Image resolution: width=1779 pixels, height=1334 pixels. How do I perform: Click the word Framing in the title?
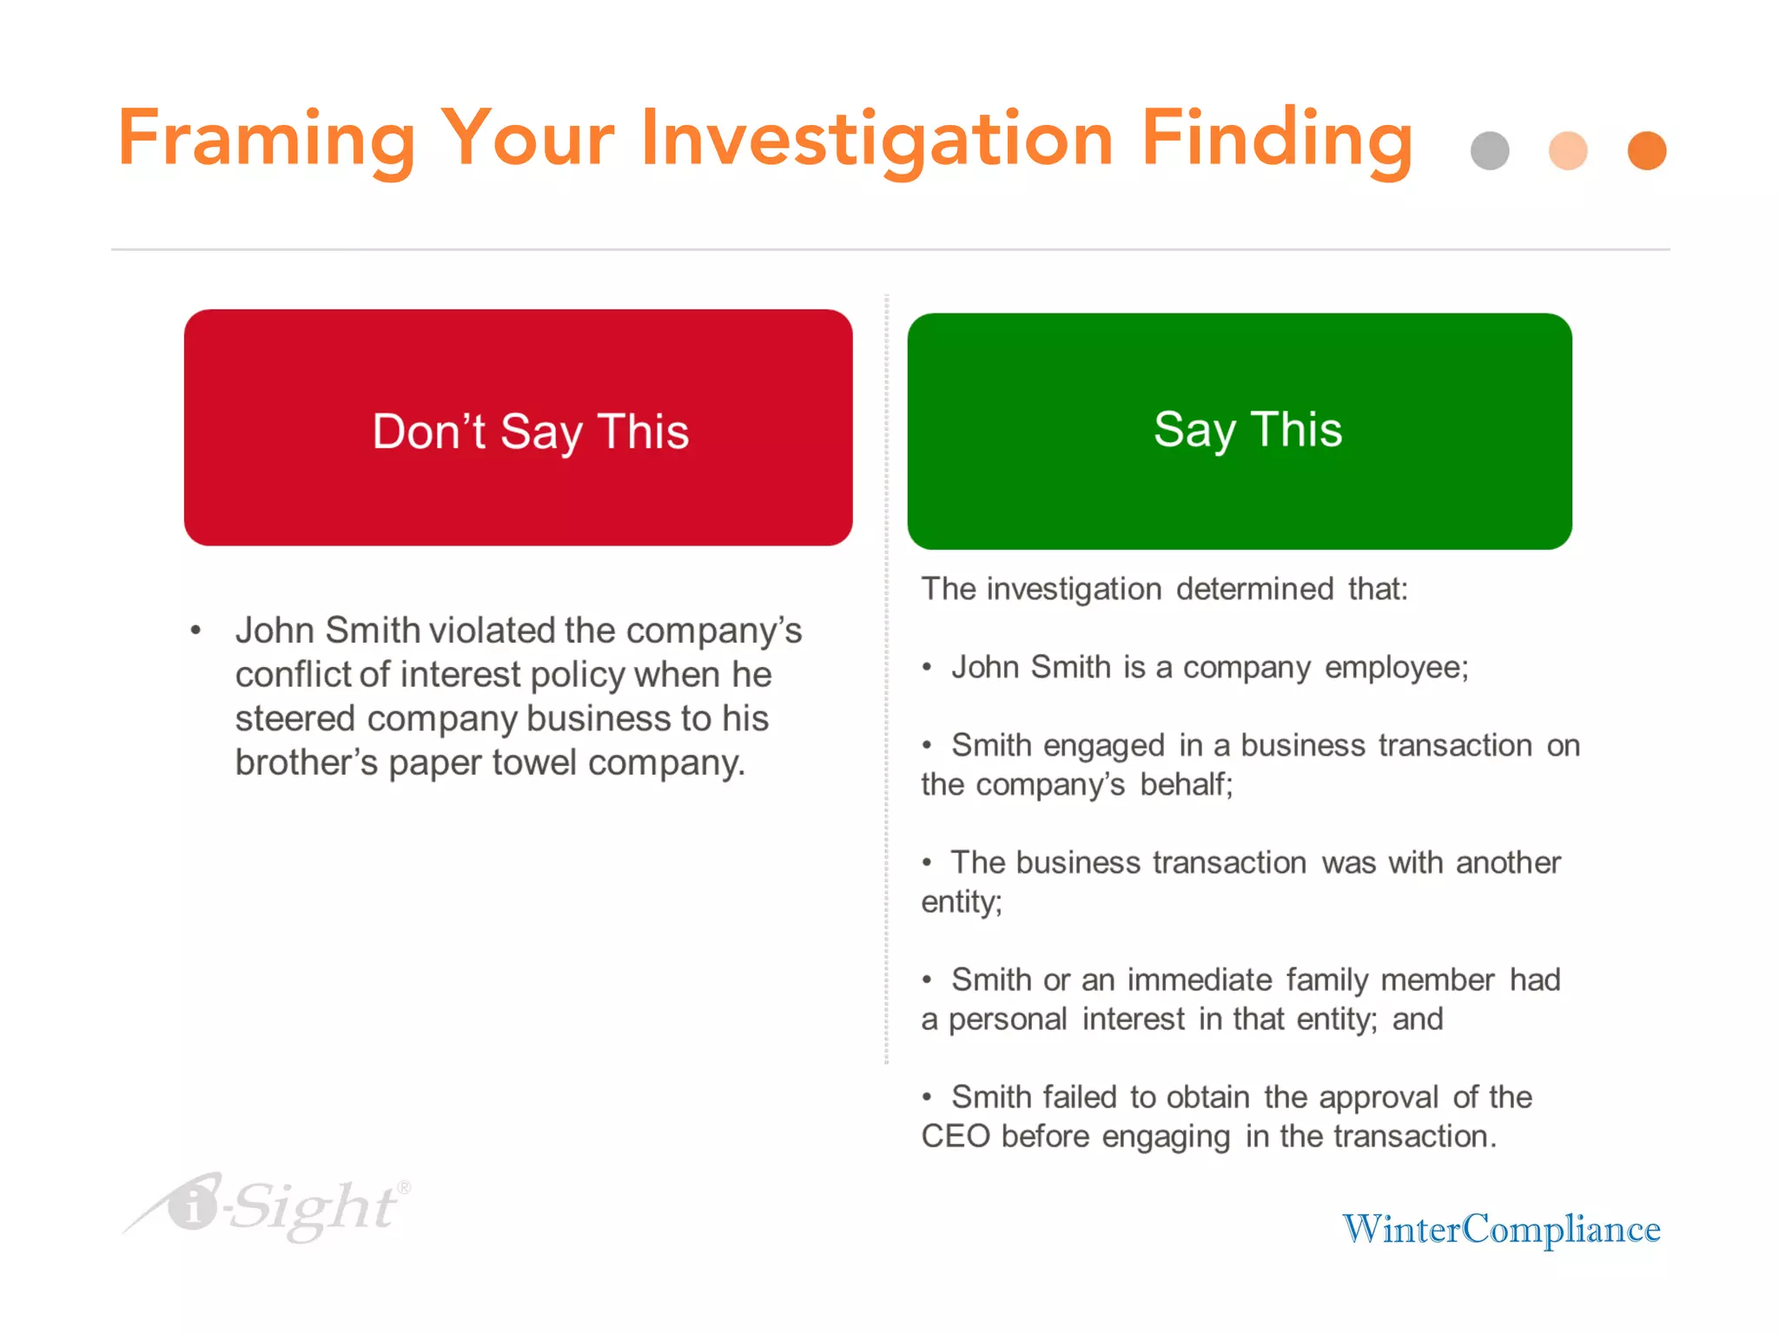click(266, 139)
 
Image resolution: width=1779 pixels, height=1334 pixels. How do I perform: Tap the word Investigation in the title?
click(876, 139)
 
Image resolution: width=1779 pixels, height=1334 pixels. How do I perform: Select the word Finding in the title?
click(1276, 139)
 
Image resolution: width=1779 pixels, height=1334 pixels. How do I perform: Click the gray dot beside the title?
click(1490, 151)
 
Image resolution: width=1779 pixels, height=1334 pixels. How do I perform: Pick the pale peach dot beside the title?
click(1568, 151)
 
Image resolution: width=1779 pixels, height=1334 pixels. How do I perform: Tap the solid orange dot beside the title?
click(1647, 151)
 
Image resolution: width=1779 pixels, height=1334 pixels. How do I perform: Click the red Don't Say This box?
click(518, 427)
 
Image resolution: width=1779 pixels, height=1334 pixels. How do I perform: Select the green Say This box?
click(1240, 431)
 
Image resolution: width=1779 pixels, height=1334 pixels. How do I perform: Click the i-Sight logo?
click(269, 1207)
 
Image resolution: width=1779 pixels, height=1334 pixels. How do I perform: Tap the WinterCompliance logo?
click(1501, 1229)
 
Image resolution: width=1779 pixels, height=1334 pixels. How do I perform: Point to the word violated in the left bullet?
click(493, 631)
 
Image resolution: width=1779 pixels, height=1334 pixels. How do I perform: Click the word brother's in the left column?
click(307, 763)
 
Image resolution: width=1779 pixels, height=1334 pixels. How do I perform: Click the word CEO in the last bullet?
click(956, 1136)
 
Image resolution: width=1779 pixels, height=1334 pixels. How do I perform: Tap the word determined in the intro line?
click(1254, 589)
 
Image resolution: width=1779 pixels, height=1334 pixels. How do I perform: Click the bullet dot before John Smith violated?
click(196, 631)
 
